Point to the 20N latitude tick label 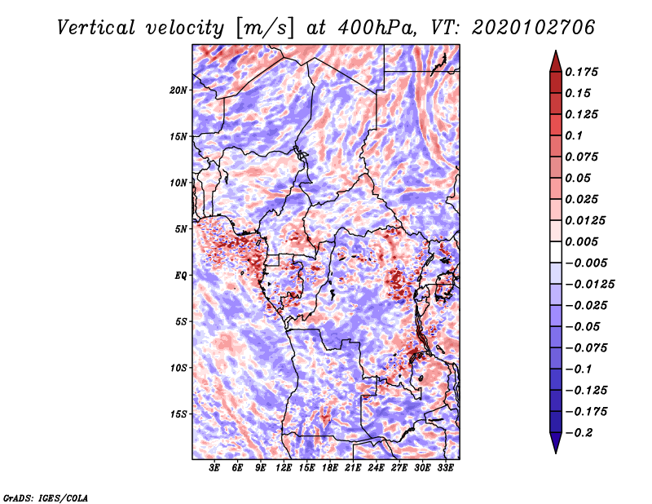(x=178, y=90)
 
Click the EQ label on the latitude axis (x=182, y=276)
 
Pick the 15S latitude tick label (x=178, y=414)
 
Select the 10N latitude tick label (x=178, y=183)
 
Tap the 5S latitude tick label (x=181, y=321)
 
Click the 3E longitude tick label (x=214, y=468)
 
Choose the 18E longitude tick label (x=330, y=468)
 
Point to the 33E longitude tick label (x=446, y=468)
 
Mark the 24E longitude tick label (x=377, y=468)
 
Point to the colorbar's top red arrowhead (x=555, y=60)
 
